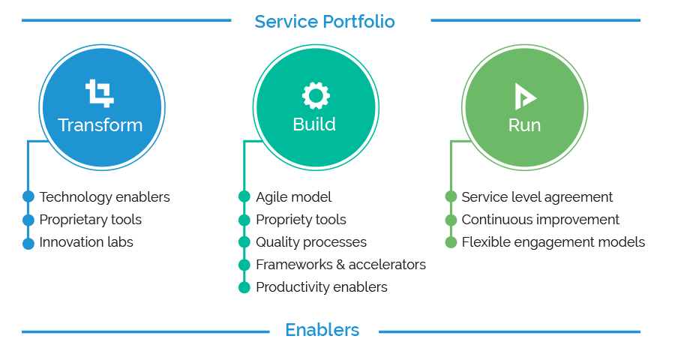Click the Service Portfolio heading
324,22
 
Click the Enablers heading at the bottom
322,330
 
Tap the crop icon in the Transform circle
100,94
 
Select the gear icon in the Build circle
315,95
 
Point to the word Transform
100,125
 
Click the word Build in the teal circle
314,124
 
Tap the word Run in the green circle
524,125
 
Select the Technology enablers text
104,197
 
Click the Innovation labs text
86,242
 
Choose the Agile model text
293,197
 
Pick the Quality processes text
310,242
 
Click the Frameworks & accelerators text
340,265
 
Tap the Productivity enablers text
321,287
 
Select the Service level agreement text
537,197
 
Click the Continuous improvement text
540,220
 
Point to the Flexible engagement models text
553,242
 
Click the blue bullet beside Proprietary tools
28,220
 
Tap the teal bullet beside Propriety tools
244,220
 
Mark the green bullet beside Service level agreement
451,197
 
